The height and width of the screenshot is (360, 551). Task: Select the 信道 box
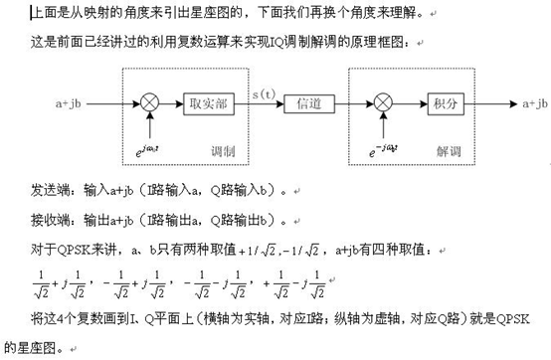pyautogui.click(x=302, y=102)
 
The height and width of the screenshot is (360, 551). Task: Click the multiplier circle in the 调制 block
pyautogui.click(x=150, y=102)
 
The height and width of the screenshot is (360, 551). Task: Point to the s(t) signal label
pyautogui.click(x=263, y=93)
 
